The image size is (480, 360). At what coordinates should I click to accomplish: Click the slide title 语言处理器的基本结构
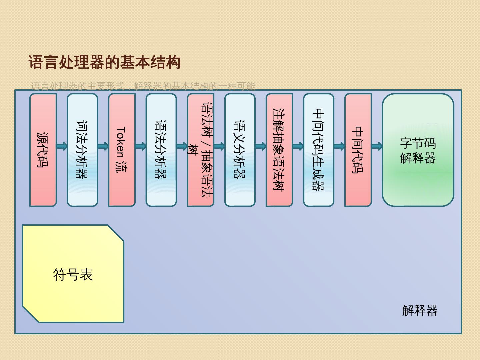(104, 63)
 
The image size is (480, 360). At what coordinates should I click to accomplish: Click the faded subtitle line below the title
(143, 86)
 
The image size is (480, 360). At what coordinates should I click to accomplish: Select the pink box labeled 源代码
(43, 150)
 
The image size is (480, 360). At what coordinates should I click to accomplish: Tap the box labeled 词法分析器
(82, 150)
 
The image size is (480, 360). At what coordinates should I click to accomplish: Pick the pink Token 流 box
(122, 150)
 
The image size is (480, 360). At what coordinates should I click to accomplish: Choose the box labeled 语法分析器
(161, 150)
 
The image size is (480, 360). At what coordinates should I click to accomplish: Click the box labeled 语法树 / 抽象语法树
(200, 150)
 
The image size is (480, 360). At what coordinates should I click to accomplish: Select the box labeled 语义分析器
(240, 150)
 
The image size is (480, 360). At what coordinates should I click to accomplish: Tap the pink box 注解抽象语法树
(279, 150)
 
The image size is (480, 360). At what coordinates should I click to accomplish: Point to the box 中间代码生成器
(318, 150)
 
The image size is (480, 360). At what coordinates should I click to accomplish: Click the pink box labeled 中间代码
(358, 150)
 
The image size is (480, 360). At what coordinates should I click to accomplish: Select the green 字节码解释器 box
(418, 150)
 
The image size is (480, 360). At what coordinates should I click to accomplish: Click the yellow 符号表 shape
(73, 274)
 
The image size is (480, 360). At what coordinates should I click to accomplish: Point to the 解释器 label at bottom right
(420, 310)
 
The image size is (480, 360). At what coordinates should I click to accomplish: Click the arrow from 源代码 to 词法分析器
(62, 146)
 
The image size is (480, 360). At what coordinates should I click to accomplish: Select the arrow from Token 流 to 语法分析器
(141, 146)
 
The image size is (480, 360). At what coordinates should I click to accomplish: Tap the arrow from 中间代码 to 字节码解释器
(377, 146)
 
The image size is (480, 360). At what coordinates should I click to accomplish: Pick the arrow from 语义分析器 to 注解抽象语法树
(260, 146)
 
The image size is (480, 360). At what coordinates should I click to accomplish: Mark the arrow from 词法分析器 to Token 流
(103, 146)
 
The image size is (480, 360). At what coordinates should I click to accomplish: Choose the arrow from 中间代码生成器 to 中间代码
(339, 146)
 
